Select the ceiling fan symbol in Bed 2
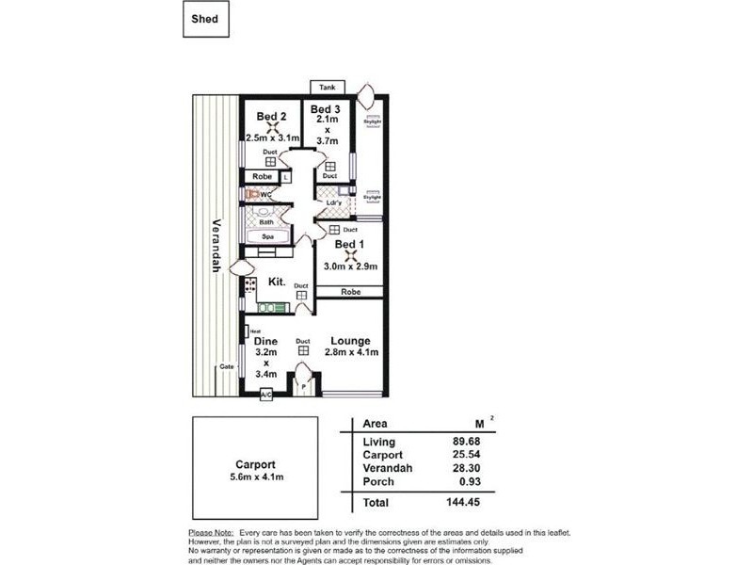point(272,131)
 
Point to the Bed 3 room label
point(326,110)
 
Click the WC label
point(266,194)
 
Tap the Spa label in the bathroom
point(267,236)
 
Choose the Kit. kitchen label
point(277,282)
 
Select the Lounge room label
point(350,340)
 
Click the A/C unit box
point(266,395)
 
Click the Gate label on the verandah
point(226,366)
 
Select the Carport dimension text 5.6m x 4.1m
point(256,477)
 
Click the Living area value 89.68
point(468,441)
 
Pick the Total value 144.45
point(465,503)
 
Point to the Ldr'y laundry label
point(333,203)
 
